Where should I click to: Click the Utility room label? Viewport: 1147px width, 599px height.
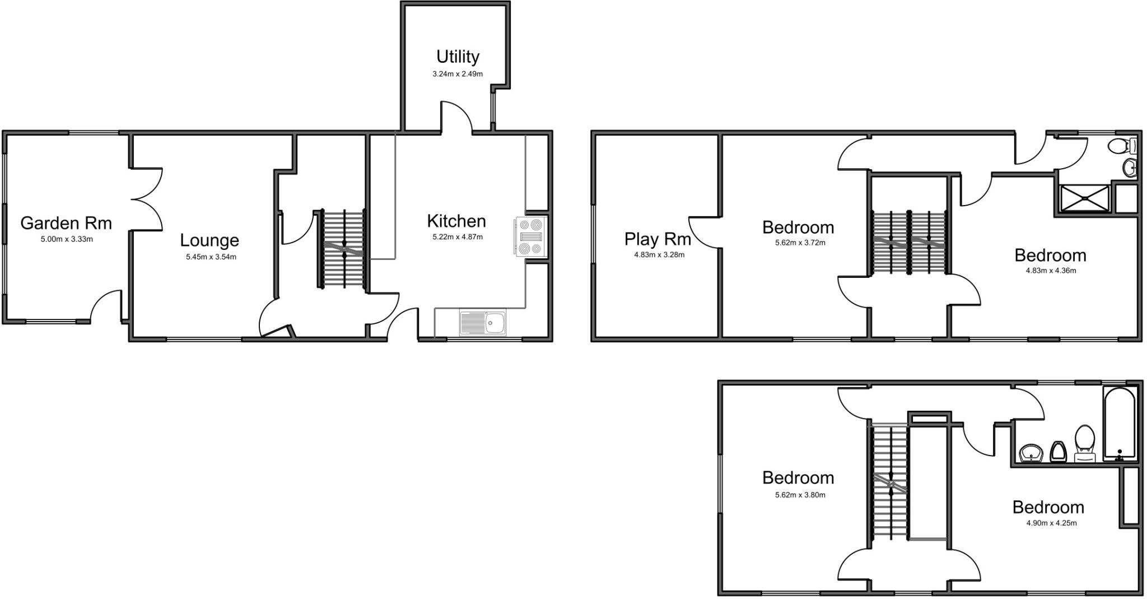pyautogui.click(x=458, y=57)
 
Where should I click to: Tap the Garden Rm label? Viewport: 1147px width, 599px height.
pyautogui.click(x=66, y=223)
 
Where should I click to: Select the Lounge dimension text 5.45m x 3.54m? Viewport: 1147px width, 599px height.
pyautogui.click(x=211, y=257)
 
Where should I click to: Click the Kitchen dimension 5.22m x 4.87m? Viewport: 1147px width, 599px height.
pyautogui.click(x=457, y=237)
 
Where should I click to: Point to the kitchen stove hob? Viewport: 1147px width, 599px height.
pyautogui.click(x=529, y=237)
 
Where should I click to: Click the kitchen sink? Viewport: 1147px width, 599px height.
pyautogui.click(x=482, y=322)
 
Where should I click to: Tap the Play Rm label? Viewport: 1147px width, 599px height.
pyautogui.click(x=658, y=239)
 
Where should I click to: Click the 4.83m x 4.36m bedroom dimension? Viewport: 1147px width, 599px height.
pyautogui.click(x=1051, y=271)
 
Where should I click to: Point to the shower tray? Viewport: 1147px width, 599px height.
pyautogui.click(x=1084, y=198)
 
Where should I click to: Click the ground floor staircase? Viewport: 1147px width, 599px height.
pyautogui.click(x=344, y=249)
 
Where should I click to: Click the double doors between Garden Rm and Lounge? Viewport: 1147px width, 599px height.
pyautogui.click(x=147, y=199)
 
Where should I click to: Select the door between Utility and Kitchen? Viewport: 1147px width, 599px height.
pyautogui.click(x=456, y=117)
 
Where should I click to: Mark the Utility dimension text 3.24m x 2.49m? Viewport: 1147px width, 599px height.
pyautogui.click(x=458, y=74)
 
